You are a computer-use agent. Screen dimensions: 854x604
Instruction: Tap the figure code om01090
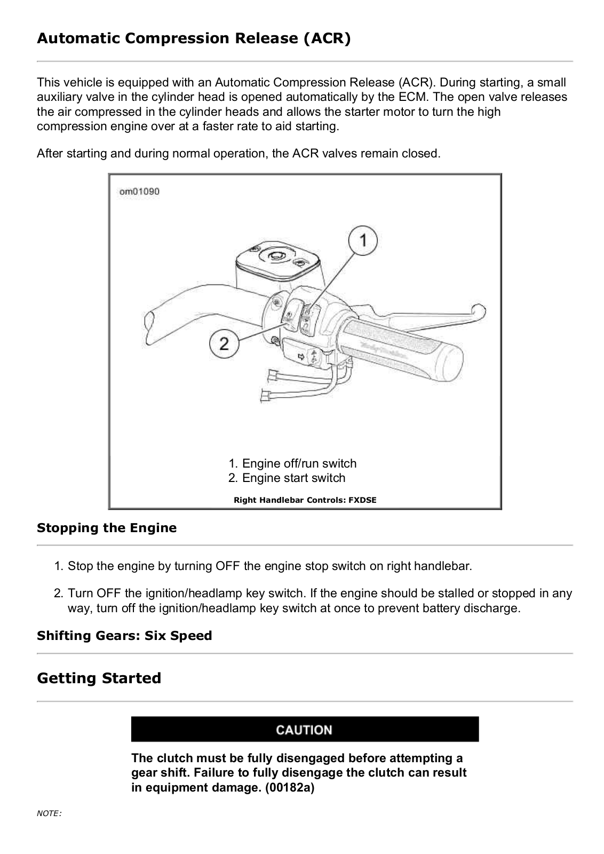(139, 192)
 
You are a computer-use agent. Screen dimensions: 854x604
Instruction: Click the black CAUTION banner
(305, 730)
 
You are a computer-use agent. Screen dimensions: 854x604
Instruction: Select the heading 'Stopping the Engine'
(107, 528)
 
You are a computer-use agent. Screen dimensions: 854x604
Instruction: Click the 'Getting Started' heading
(99, 678)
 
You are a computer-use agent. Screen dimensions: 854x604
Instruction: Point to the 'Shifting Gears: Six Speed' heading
(124, 636)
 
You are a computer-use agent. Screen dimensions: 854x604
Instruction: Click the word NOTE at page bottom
(49, 813)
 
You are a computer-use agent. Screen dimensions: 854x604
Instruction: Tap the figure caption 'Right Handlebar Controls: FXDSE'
(305, 500)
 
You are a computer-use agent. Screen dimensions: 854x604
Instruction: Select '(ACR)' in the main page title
(327, 38)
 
